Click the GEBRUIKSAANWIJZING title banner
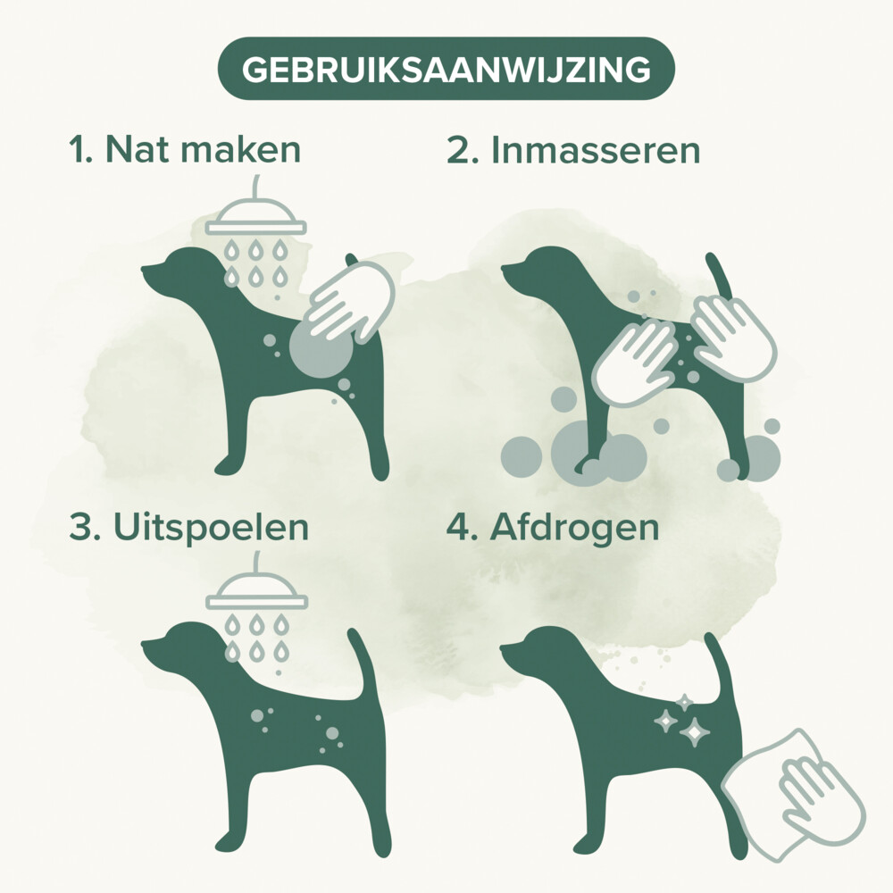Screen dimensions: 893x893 tap(446, 69)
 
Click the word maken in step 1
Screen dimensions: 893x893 tap(241, 149)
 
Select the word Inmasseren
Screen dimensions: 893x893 tap(595, 150)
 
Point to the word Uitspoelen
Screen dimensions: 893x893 tap(212, 528)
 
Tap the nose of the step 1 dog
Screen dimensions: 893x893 tap(146, 267)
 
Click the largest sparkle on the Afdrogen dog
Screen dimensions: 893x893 tap(694, 732)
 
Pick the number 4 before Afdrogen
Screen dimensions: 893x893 tap(458, 527)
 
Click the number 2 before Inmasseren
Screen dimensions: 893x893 tap(459, 150)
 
